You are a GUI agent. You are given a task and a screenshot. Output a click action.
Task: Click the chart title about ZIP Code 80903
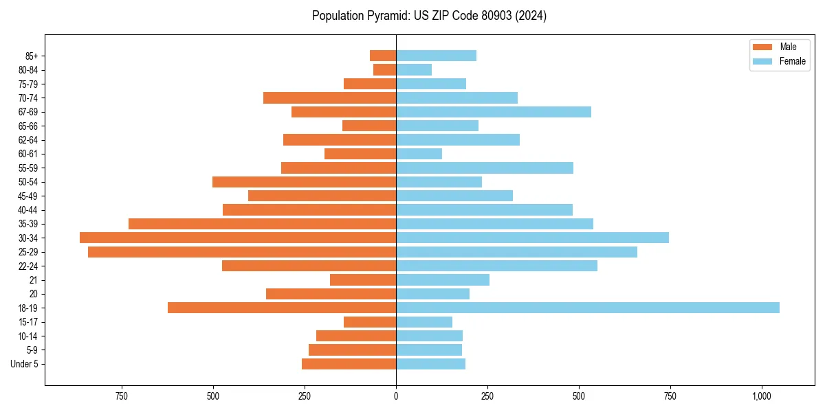(429, 16)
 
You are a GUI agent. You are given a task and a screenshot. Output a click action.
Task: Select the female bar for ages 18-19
(587, 308)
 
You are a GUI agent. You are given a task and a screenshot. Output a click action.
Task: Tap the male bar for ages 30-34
(238, 238)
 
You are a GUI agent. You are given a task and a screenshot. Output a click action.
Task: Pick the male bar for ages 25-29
(242, 252)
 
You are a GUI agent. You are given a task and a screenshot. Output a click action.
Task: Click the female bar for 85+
(436, 56)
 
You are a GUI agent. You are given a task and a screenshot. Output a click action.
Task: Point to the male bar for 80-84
(384, 69)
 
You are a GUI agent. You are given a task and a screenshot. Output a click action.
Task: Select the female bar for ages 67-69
(493, 112)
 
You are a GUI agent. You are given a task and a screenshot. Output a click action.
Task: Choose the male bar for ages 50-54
(304, 182)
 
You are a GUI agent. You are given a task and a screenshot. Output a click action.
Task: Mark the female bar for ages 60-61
(419, 154)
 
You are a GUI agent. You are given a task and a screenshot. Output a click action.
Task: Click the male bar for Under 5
(349, 364)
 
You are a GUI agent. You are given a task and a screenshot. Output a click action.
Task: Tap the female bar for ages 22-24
(496, 266)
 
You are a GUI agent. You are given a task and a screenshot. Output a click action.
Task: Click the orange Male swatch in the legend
(762, 47)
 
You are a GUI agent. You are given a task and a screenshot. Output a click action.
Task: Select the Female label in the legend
(792, 61)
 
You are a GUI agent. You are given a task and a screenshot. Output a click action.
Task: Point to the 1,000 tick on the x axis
(761, 396)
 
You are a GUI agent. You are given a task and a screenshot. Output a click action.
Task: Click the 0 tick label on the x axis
(396, 396)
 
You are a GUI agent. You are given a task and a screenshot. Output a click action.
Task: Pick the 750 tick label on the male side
(122, 396)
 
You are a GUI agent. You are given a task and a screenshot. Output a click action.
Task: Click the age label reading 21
(33, 280)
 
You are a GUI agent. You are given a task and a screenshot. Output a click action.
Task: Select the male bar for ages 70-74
(329, 98)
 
